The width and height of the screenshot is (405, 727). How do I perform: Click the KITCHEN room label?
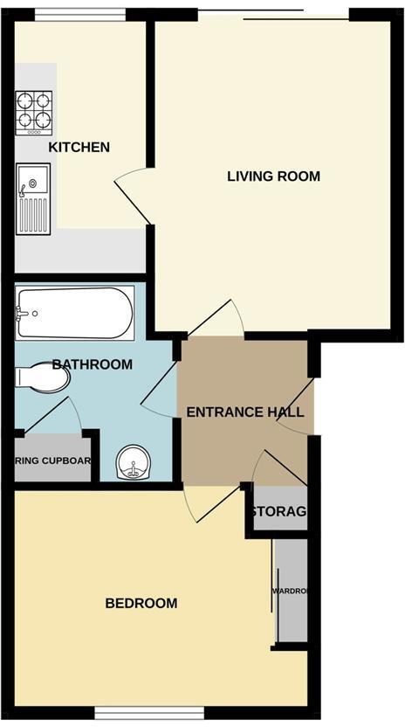pyautogui.click(x=79, y=147)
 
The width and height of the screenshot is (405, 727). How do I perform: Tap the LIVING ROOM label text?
pyautogui.click(x=273, y=177)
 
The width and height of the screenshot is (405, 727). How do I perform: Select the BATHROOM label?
pyautogui.click(x=92, y=364)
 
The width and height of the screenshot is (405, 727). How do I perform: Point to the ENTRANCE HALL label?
pyautogui.click(x=245, y=412)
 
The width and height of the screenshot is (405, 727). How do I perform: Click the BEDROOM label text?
pyautogui.click(x=141, y=603)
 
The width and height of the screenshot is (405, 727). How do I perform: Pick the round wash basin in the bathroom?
pyautogui.click(x=133, y=461)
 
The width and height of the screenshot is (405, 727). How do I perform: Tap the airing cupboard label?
pyautogui.click(x=53, y=460)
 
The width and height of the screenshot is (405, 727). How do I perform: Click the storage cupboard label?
pyautogui.click(x=278, y=511)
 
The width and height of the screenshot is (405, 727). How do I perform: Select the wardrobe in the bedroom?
pyautogui.click(x=291, y=592)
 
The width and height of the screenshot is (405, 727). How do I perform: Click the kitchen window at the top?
pyautogui.click(x=80, y=13)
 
